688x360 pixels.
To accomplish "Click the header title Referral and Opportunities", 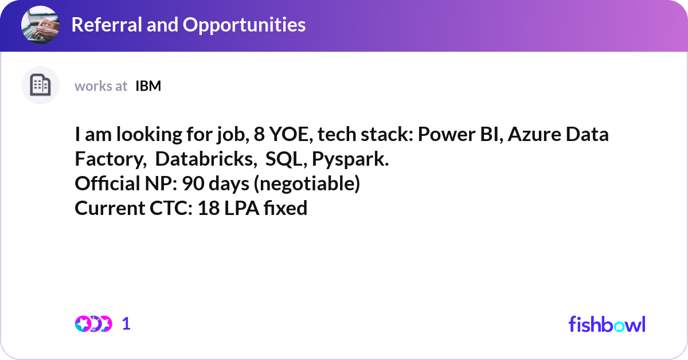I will tap(188, 25).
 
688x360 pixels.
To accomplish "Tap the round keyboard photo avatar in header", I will tap(40, 25).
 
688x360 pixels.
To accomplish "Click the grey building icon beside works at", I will tap(40, 85).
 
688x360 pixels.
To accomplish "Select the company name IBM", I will tap(148, 86).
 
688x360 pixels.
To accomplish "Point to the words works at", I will tap(101, 86).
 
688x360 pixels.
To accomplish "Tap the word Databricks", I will tap(205, 160).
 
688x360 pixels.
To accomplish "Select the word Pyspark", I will tap(350, 160).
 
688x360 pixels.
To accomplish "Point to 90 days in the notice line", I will tap(218, 184).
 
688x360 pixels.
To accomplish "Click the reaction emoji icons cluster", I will tap(93, 324).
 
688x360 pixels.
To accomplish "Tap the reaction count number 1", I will tap(126, 324).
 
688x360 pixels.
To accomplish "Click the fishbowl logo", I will tap(607, 324).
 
